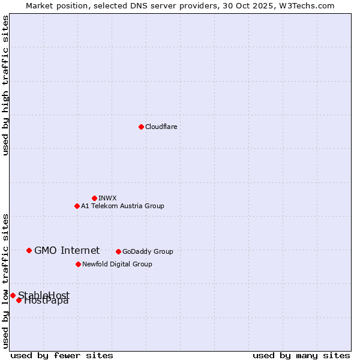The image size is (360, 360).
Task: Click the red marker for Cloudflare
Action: point(141,127)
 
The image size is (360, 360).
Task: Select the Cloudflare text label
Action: point(161,127)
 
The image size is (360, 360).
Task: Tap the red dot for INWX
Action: point(94,198)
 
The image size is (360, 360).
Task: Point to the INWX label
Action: point(107,198)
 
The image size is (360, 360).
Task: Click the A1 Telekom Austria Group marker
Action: point(77,206)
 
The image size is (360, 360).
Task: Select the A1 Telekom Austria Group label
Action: point(122,206)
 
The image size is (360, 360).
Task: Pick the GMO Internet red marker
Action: point(29,250)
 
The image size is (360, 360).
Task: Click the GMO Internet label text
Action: point(67,250)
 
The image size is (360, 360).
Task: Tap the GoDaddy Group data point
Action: point(118,251)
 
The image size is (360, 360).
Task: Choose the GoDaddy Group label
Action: point(148,251)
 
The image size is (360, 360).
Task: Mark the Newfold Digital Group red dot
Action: point(78,264)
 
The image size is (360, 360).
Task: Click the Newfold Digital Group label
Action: point(117,264)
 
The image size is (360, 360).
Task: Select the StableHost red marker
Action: point(13,295)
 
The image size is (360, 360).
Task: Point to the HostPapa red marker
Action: point(19,300)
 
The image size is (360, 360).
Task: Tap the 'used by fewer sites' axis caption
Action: point(62,355)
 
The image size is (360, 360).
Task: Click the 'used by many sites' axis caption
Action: point(301,355)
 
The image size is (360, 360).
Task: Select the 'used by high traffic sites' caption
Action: point(6,85)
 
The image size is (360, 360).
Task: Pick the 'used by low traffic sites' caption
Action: point(6,280)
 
